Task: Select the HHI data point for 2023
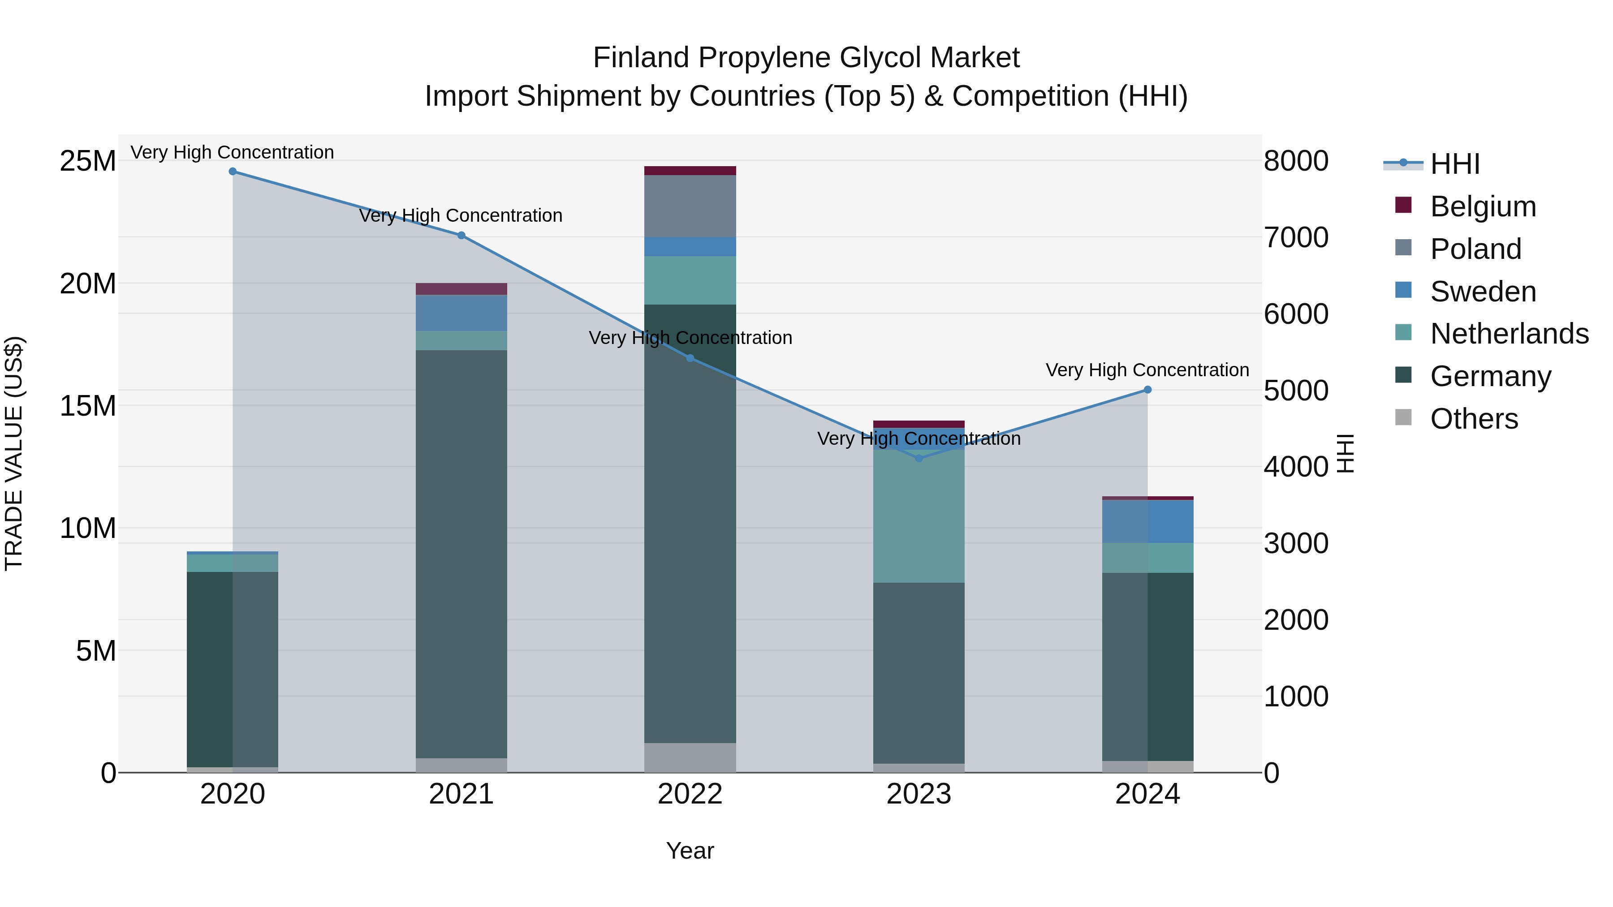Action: pyautogui.click(x=919, y=459)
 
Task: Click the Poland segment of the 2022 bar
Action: pyautogui.click(x=690, y=206)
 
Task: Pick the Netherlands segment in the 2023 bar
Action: pyautogui.click(x=919, y=516)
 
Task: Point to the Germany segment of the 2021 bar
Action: pyautogui.click(x=461, y=554)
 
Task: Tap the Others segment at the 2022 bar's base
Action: pyautogui.click(x=690, y=758)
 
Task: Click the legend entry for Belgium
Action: pyautogui.click(x=1483, y=206)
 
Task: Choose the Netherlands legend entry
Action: pyautogui.click(x=1509, y=334)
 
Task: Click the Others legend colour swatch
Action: pyautogui.click(x=1403, y=417)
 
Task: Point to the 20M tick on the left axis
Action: pyautogui.click(x=88, y=284)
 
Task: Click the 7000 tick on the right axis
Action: pyautogui.click(x=1295, y=238)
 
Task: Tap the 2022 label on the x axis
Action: pyautogui.click(x=690, y=794)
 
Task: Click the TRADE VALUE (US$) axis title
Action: pyautogui.click(x=14, y=453)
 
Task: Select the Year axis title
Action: pyautogui.click(x=690, y=851)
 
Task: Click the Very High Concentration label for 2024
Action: pyautogui.click(x=1147, y=370)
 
